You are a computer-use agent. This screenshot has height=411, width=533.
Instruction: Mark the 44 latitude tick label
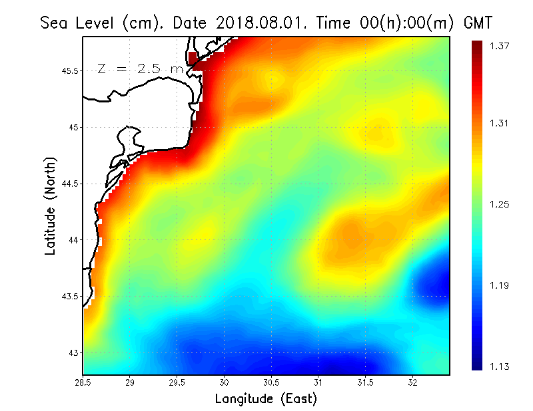pos(73,239)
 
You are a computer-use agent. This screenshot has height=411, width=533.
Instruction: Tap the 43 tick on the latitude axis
pos(73,352)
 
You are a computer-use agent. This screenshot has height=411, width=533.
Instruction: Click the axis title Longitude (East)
pos(266,399)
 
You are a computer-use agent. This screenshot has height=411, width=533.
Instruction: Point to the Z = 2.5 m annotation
pos(140,68)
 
